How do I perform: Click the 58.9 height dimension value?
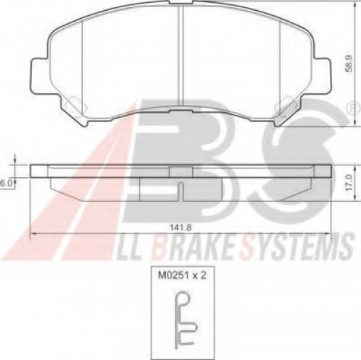click(x=349, y=64)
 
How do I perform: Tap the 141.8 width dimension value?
click(x=180, y=227)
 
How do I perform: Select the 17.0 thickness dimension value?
click(x=349, y=183)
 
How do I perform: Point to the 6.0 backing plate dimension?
click(x=5, y=184)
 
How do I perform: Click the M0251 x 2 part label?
click(x=182, y=275)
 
